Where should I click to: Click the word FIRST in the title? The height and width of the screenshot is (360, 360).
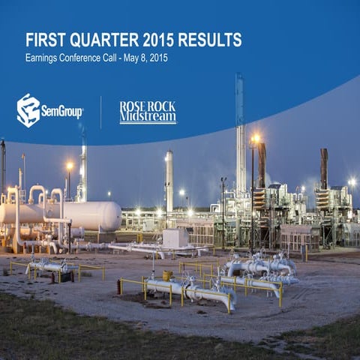[x=43, y=40]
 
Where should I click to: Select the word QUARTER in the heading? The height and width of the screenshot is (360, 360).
[x=101, y=40]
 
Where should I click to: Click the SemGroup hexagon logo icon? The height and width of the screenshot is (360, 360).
[x=28, y=110]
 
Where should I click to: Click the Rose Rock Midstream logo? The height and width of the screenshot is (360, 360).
[x=148, y=112]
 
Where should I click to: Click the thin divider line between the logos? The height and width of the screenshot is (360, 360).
[x=101, y=112]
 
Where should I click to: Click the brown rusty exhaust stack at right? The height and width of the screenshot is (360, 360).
[x=324, y=169]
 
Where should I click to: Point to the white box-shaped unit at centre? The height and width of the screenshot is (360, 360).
[x=175, y=238]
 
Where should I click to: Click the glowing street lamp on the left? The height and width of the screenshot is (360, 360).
[x=70, y=166]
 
